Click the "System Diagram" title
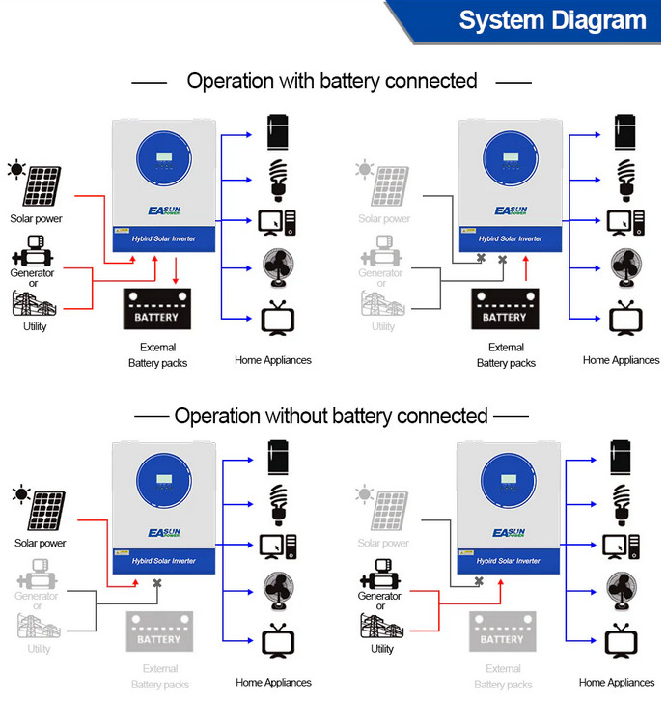coord(552,21)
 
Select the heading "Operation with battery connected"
coord(332,80)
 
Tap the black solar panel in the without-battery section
coord(46,512)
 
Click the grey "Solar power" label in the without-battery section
coord(384,544)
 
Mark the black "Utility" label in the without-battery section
coord(382,649)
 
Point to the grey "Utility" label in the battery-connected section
coord(384,326)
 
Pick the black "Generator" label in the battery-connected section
coord(32,273)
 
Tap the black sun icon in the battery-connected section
coord(16,171)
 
